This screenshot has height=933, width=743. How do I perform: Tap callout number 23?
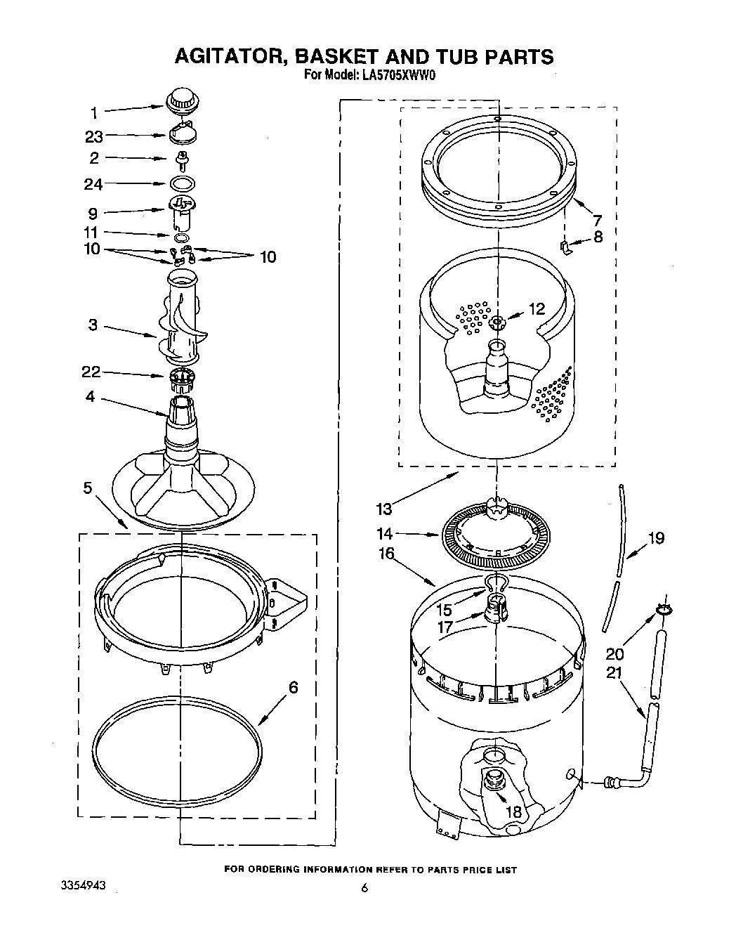point(94,137)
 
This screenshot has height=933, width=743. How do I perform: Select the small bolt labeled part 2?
point(182,159)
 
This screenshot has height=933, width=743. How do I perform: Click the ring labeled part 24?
point(182,183)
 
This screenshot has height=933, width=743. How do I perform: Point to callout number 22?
point(91,373)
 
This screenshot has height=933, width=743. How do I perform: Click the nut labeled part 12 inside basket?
point(497,322)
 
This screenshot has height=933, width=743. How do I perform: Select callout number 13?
point(384,507)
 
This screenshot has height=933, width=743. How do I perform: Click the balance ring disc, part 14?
point(496,542)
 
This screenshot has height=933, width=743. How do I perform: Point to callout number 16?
point(387,553)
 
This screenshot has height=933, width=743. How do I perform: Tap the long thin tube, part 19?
point(614,555)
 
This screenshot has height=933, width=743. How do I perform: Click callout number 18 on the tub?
point(514,811)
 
